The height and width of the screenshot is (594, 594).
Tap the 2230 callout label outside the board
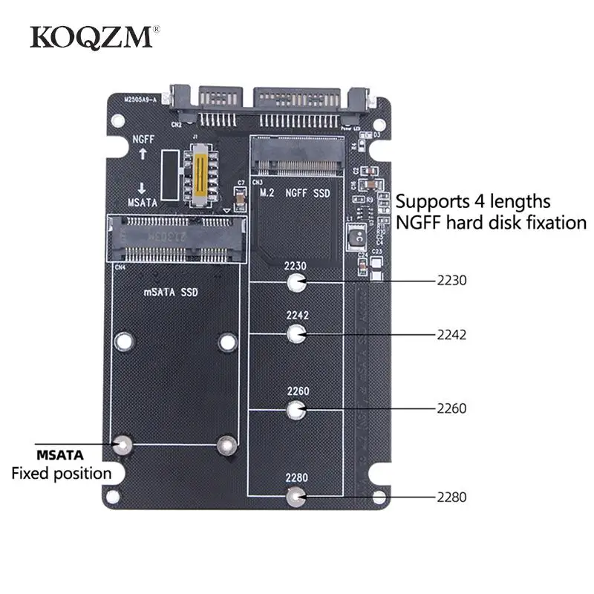pyautogui.click(x=451, y=281)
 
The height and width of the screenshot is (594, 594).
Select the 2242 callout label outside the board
pyautogui.click(x=451, y=334)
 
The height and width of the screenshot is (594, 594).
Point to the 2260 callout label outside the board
pyautogui.click(x=451, y=408)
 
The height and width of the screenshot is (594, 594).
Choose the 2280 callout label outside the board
pyautogui.click(x=451, y=497)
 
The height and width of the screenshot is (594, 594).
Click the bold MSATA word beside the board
pyautogui.click(x=60, y=454)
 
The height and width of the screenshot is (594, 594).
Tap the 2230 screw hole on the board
pyautogui.click(x=296, y=282)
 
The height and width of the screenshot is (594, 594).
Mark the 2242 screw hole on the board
pyautogui.click(x=296, y=334)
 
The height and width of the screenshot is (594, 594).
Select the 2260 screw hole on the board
pyautogui.click(x=296, y=408)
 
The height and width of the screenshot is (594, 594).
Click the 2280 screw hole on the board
pyautogui.click(x=296, y=497)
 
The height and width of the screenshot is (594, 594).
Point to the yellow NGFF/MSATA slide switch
pyautogui.click(x=199, y=173)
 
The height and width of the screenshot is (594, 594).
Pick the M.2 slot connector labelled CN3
pyautogui.click(x=296, y=156)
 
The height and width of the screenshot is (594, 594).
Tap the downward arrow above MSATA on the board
pyautogui.click(x=141, y=187)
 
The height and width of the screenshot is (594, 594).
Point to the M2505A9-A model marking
pyautogui.click(x=139, y=99)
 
